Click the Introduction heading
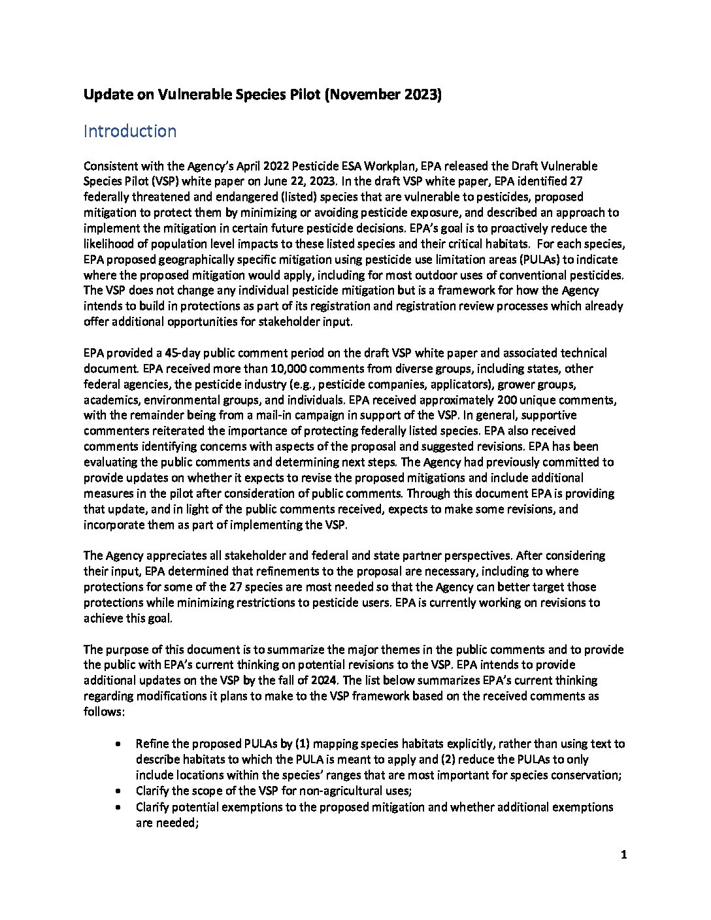click(x=129, y=131)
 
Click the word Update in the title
click(x=107, y=95)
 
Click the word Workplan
click(x=422, y=165)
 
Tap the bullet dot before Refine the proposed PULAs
click(x=117, y=744)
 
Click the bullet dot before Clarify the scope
click(x=117, y=791)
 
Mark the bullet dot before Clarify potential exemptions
click(x=117, y=807)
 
